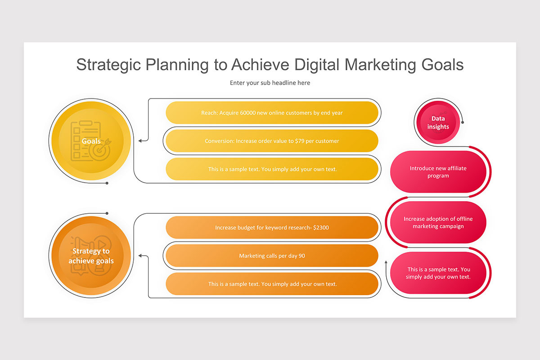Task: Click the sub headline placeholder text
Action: pos(270,83)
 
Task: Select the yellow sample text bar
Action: pos(272,169)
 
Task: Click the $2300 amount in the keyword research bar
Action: pos(320,228)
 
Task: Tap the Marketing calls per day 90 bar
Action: pos(272,256)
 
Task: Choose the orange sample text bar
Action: pos(272,284)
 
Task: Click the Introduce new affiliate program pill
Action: pos(438,172)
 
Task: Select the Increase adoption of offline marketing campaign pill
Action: pos(438,223)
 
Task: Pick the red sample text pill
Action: pos(438,273)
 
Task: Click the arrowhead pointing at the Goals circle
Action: pos(140,141)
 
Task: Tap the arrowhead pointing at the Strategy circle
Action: pos(140,256)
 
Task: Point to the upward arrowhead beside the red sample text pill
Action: pos(386,262)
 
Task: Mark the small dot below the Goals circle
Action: pos(107,183)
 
